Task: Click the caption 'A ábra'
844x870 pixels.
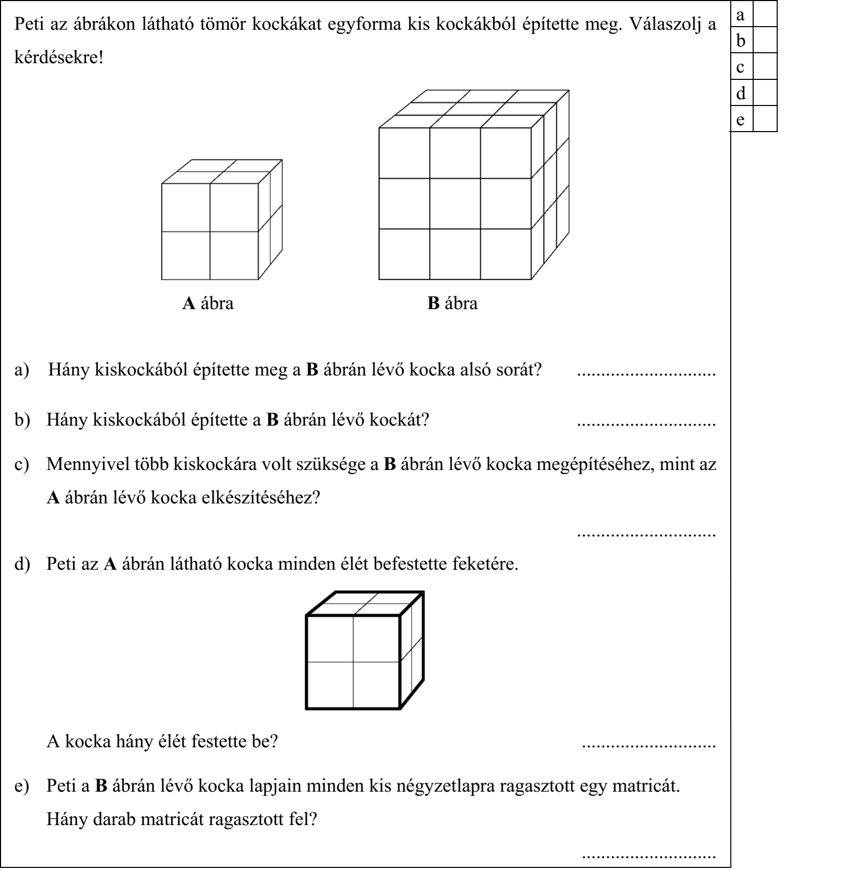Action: [x=208, y=303]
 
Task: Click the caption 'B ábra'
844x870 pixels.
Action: [x=452, y=303]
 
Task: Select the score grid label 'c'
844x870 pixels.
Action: [x=740, y=67]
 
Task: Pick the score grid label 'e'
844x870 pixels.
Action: [x=740, y=120]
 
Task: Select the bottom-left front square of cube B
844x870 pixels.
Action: [x=404, y=254]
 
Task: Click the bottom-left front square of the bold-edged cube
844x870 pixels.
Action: [x=330, y=685]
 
